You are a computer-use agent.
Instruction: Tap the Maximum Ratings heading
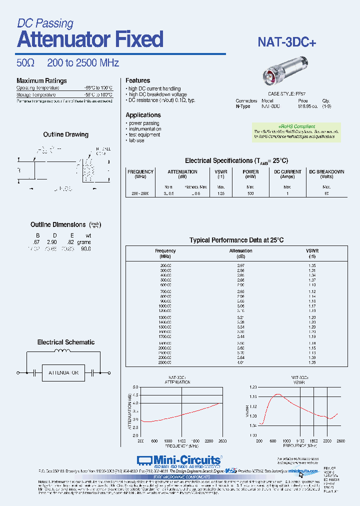41,81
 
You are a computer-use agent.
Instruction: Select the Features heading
137,80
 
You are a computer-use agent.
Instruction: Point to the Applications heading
143,115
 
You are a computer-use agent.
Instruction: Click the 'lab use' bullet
136,140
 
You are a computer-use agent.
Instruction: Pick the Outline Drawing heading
65,134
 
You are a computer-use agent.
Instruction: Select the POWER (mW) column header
250,174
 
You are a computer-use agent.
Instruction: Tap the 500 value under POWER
250,193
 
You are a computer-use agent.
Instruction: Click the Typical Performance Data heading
236,240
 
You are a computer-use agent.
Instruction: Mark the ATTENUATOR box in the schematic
63,372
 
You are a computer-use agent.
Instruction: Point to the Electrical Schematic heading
65,342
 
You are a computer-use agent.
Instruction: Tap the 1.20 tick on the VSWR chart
252,387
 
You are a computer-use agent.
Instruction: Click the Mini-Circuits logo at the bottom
178,460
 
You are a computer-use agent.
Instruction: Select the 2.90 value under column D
52,242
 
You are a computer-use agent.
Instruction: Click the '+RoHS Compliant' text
296,126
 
